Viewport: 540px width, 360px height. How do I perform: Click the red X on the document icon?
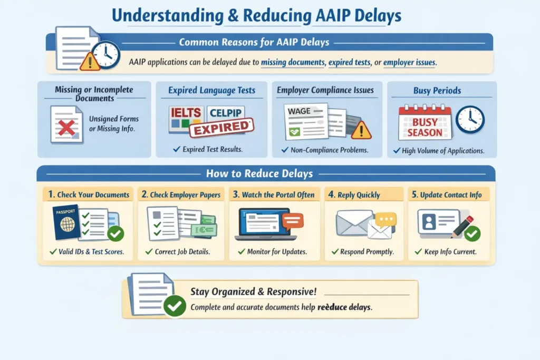click(x=67, y=128)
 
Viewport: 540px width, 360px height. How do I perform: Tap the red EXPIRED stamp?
click(x=222, y=128)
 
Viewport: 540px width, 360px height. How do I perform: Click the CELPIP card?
click(x=226, y=113)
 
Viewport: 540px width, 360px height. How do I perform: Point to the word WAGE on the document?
click(x=299, y=111)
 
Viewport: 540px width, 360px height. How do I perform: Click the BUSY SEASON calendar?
click(x=425, y=123)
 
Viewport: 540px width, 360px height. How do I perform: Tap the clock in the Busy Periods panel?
click(x=470, y=120)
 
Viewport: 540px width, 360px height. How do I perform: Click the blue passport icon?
click(x=66, y=222)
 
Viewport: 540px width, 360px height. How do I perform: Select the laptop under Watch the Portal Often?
click(x=266, y=223)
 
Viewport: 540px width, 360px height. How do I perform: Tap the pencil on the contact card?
click(x=462, y=227)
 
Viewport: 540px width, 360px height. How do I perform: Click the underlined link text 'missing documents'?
click(x=293, y=62)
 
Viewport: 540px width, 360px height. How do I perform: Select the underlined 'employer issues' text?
click(x=409, y=62)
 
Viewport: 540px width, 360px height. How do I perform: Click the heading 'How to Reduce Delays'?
click(x=259, y=173)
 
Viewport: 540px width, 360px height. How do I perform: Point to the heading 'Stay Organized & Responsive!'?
click(x=254, y=291)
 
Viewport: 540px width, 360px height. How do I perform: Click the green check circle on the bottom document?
click(x=175, y=306)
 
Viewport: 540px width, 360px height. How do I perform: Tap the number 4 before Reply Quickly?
click(x=331, y=194)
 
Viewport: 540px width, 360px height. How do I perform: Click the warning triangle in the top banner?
click(x=90, y=62)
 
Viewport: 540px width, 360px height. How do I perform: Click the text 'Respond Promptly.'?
click(x=367, y=251)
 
